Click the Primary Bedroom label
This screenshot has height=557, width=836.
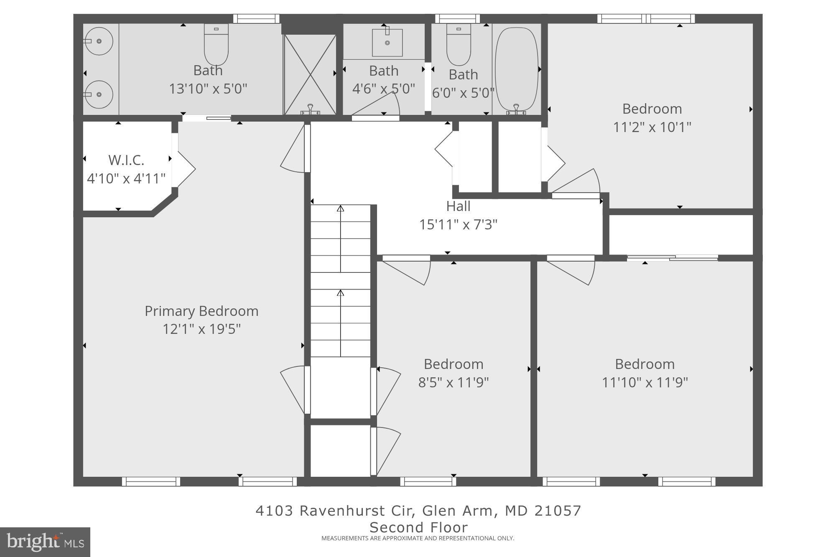201,311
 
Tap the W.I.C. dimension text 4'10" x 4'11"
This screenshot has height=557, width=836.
126,179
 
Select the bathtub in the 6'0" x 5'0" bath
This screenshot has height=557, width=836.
516,69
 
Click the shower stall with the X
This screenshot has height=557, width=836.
310,74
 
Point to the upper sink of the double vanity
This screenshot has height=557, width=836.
99,41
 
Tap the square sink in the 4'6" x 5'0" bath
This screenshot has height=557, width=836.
387,43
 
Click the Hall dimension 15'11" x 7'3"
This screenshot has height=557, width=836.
458,225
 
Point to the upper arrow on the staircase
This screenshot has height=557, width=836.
341,208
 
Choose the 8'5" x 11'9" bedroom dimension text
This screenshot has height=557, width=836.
454,382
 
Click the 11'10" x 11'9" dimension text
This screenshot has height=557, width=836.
645,382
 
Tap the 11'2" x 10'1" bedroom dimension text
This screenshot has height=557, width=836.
652,127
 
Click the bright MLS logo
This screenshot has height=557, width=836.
45,542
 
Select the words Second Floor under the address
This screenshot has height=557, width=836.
418,527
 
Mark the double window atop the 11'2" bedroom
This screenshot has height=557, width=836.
646,18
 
